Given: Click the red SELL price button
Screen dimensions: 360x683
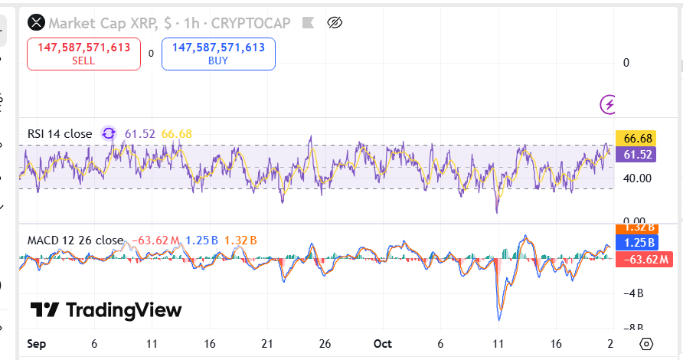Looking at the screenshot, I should tap(84, 54).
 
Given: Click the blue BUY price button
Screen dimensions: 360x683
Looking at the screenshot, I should tap(218, 54).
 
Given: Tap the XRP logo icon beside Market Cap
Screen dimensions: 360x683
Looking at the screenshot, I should tap(36, 23).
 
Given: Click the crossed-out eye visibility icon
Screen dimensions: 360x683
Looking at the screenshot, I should tap(334, 23).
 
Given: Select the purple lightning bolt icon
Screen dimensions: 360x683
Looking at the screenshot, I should tap(609, 103).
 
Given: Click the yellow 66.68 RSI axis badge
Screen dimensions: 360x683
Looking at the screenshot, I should tap(637, 139).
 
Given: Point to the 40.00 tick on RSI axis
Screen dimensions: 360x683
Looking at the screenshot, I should tap(637, 178).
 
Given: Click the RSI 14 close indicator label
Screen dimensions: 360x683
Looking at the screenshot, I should tap(60, 134).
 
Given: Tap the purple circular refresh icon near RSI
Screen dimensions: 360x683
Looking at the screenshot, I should tap(109, 133).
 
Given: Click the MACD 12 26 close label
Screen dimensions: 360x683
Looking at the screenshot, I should tap(75, 241).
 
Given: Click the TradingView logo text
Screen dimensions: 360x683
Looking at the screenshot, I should tap(107, 310).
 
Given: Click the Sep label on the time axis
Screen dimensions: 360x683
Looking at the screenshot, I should tap(35, 344).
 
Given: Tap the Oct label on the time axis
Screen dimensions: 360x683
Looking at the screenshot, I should tap(384, 344).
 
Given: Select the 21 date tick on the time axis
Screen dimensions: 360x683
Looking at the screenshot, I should tap(267, 344).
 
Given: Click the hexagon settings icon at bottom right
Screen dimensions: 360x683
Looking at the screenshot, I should tap(647, 343).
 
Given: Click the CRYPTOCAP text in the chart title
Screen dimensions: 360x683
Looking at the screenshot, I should tap(251, 23).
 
